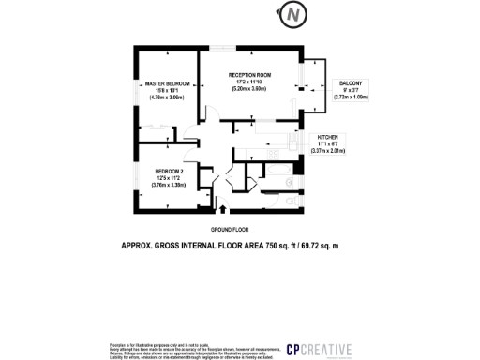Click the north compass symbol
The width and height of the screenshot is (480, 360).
pyautogui.click(x=295, y=16)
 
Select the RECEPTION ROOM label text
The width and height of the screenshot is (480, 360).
pyautogui.click(x=250, y=73)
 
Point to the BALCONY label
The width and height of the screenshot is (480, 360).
pyautogui.click(x=350, y=83)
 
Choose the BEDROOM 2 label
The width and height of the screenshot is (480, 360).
pyautogui.click(x=169, y=171)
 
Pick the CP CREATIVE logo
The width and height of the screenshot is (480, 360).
pyautogui.click(x=319, y=350)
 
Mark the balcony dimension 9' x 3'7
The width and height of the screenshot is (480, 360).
pyautogui.click(x=350, y=90)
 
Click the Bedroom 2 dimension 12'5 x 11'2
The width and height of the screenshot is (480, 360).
pyautogui.click(x=169, y=177)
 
